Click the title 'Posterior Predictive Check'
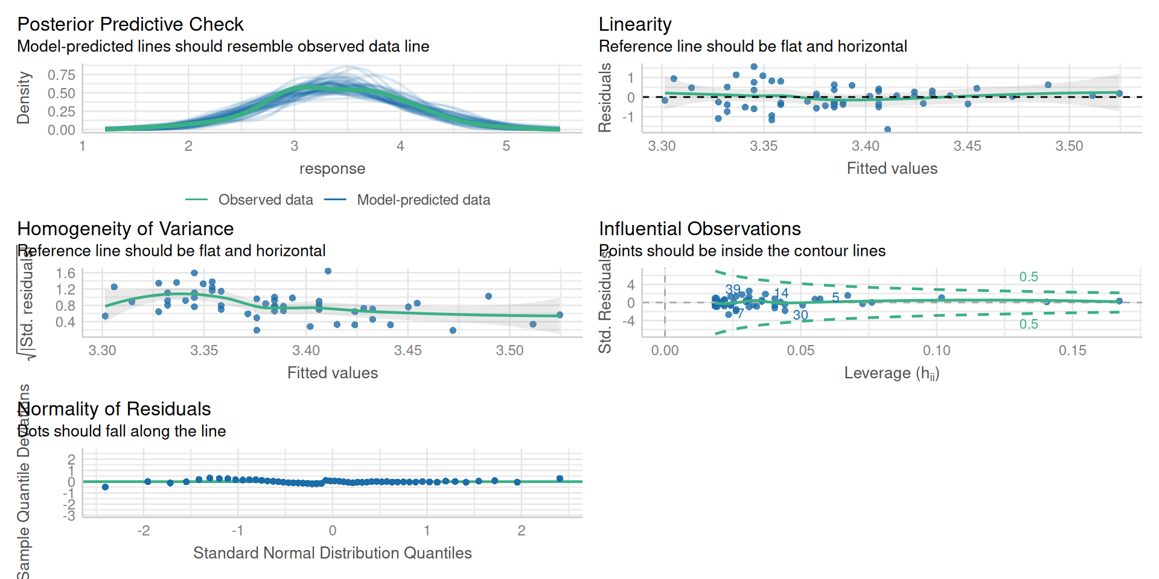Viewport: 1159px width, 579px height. pyautogui.click(x=130, y=24)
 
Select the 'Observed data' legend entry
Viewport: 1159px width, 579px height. pyautogui.click(x=265, y=200)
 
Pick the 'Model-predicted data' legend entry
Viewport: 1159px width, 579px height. pyautogui.click(x=423, y=200)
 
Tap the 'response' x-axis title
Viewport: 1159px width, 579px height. pyautogui.click(x=332, y=168)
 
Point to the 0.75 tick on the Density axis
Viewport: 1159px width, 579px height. pyautogui.click(x=62, y=75)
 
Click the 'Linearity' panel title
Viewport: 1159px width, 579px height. pyautogui.click(x=634, y=24)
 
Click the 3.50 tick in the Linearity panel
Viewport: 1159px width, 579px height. pyautogui.click(x=1069, y=146)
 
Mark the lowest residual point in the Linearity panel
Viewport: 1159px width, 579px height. pyautogui.click(x=887, y=129)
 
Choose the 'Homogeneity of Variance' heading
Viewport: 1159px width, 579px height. pyautogui.click(x=125, y=229)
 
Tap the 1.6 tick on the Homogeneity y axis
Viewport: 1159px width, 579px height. pyautogui.click(x=65, y=273)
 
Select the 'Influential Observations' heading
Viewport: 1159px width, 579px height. pyautogui.click(x=700, y=229)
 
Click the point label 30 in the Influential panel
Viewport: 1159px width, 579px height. pyautogui.click(x=800, y=315)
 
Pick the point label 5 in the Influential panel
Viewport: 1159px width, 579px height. pyautogui.click(x=835, y=297)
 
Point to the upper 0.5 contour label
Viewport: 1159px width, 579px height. pyautogui.click(x=1029, y=277)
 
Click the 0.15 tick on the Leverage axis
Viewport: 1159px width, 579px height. pyautogui.click(x=1072, y=350)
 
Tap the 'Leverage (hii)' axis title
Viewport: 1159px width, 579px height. pyautogui.click(x=892, y=373)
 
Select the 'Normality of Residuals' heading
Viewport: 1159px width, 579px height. pyautogui.click(x=114, y=409)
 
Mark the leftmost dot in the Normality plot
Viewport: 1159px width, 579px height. pyautogui.click(x=105, y=487)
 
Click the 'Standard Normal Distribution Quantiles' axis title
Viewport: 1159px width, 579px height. pyautogui.click(x=332, y=553)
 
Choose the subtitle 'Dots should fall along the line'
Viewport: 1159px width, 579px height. pyautogui.click(x=121, y=431)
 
